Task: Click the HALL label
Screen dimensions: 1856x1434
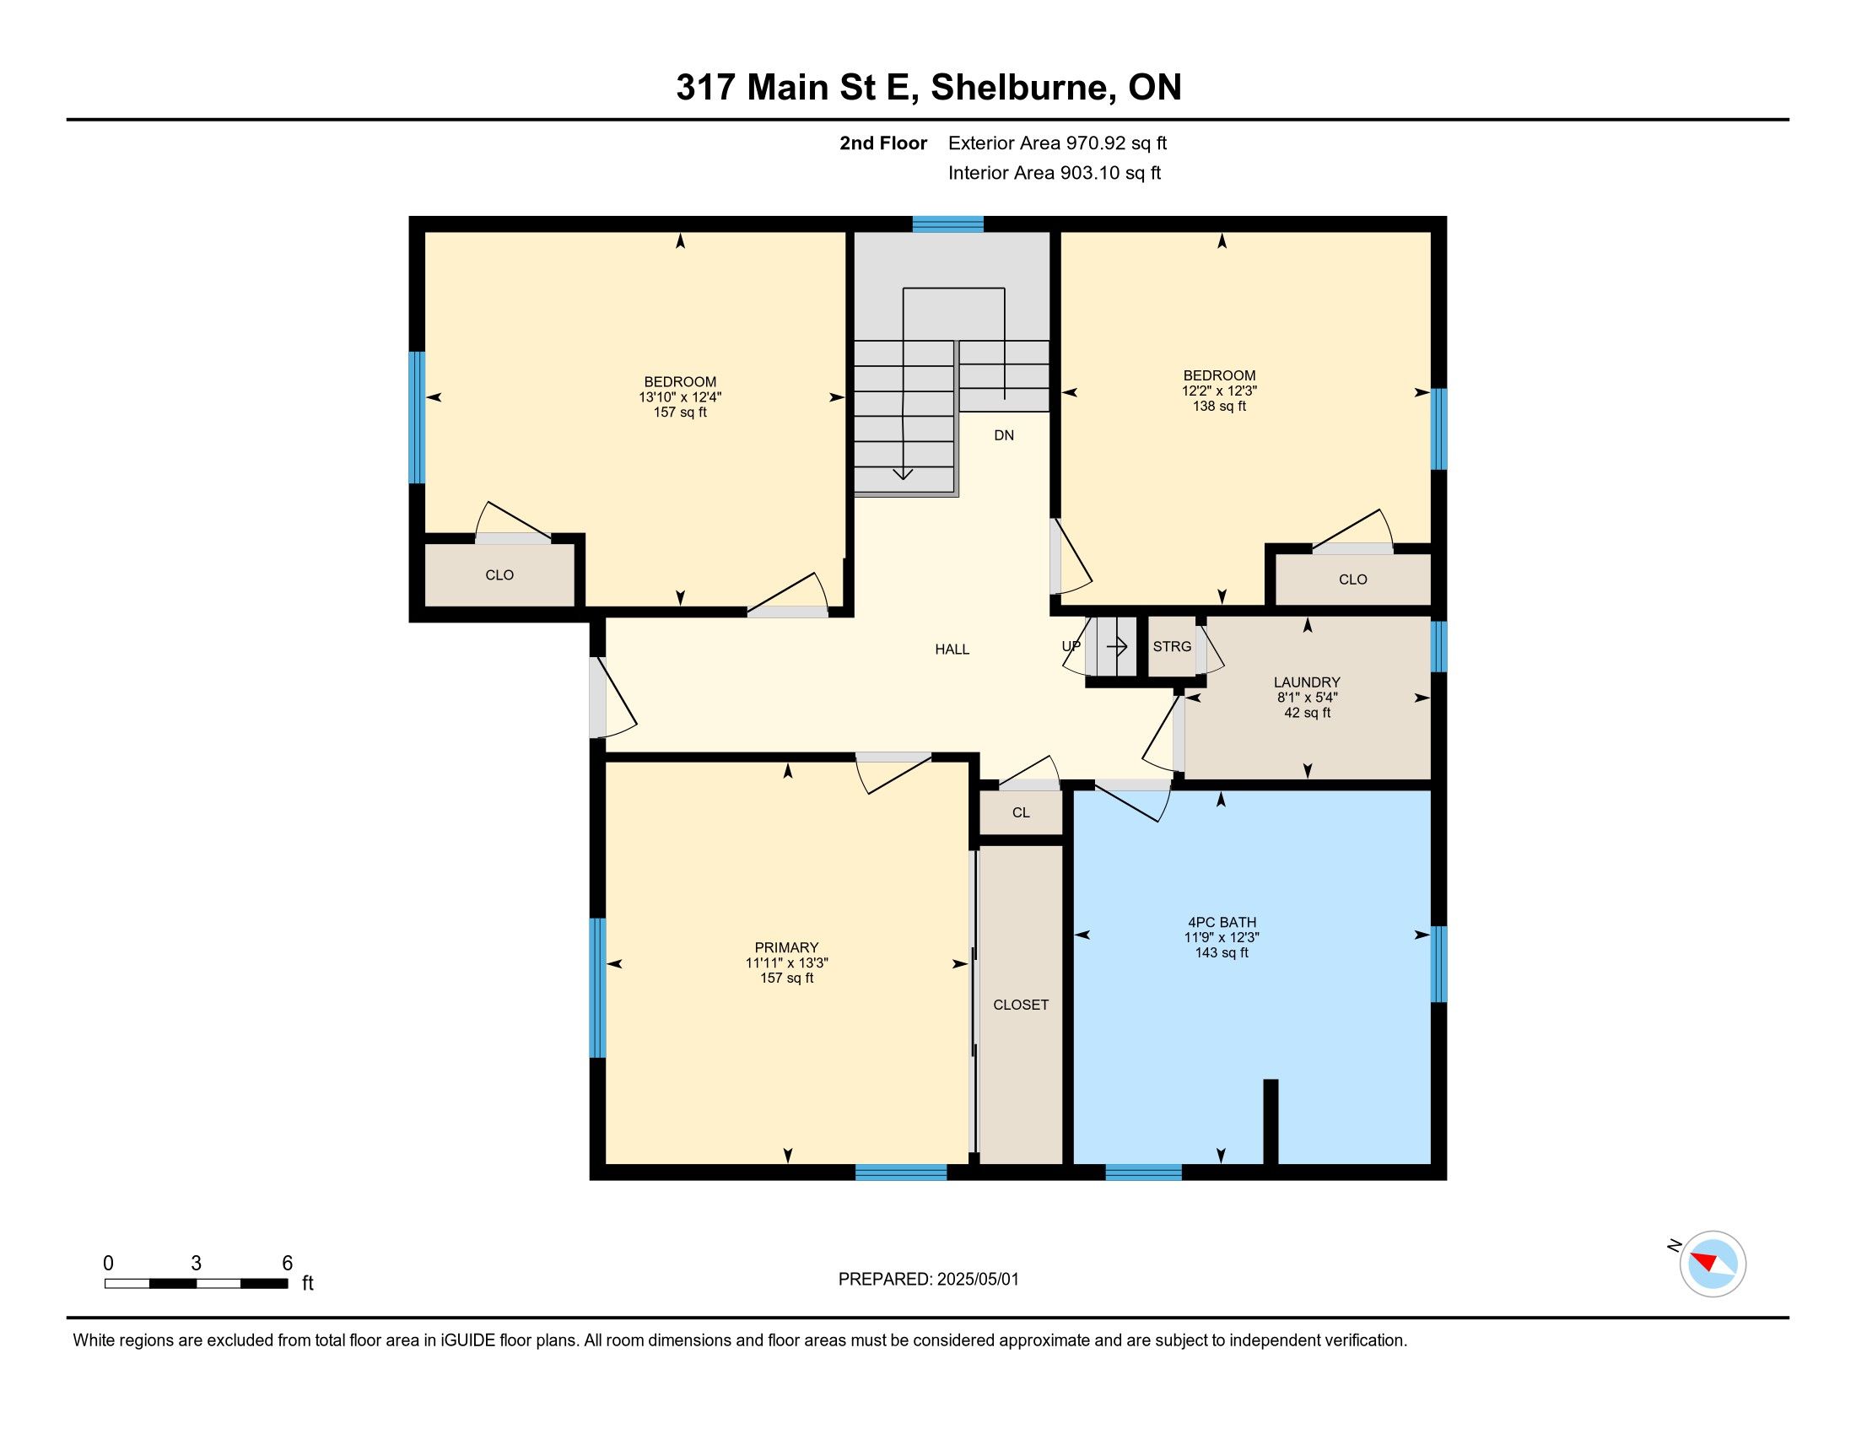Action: [952, 649]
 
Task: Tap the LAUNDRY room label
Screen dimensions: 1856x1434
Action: [1307, 682]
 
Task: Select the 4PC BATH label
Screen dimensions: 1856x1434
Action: [1222, 922]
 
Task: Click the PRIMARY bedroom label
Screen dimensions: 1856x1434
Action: [787, 947]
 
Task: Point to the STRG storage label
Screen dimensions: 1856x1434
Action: [1172, 646]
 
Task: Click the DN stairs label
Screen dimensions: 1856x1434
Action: [1004, 435]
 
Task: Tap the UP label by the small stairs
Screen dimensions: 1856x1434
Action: [1071, 646]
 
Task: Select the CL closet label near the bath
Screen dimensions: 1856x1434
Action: [1021, 813]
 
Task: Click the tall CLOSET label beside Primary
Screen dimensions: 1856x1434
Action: [1021, 1005]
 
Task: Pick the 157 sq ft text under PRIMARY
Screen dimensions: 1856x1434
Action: [787, 978]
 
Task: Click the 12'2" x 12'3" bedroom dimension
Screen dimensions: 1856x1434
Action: [1220, 391]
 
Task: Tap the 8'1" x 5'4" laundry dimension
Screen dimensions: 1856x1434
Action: [1307, 698]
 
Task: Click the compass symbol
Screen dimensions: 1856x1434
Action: [1713, 1264]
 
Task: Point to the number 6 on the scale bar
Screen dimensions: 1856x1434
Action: [287, 1264]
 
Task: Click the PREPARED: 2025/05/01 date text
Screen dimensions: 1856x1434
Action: [928, 1280]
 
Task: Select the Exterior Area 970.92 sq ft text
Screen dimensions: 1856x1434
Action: [1057, 143]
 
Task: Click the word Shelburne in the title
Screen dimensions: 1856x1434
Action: [1022, 88]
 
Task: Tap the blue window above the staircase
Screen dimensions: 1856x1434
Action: [947, 224]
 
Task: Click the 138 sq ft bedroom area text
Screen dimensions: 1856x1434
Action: [1220, 406]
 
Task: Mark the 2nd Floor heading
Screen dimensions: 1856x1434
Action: [883, 143]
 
